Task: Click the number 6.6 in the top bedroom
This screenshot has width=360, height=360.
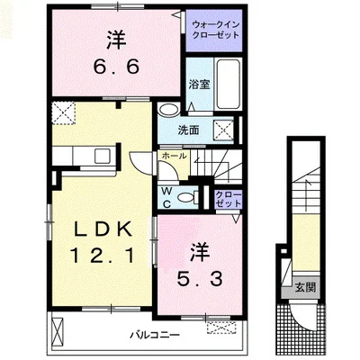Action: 116,65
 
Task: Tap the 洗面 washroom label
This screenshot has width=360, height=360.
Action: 188,130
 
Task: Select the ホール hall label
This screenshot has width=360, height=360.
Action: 174,157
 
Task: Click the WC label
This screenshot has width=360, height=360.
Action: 167,196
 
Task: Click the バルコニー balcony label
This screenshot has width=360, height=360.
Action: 153,335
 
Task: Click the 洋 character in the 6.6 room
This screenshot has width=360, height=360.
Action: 115,39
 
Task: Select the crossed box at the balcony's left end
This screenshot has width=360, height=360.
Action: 58,334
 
